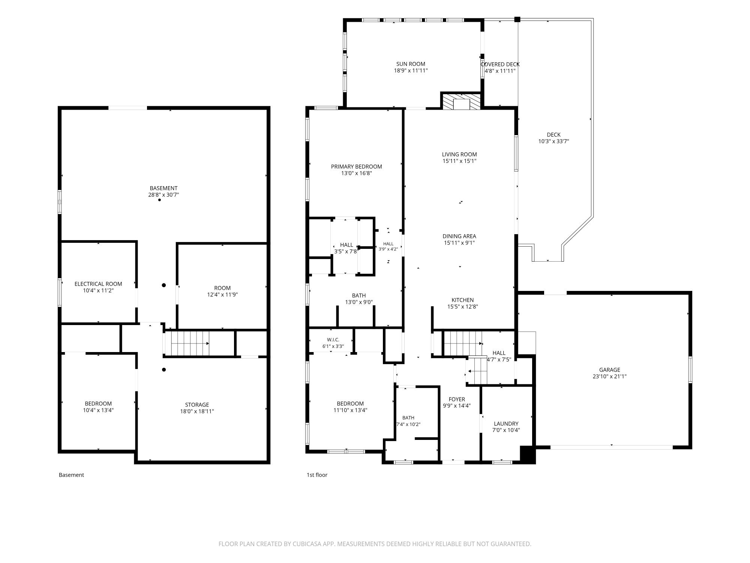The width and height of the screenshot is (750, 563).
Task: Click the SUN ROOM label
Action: point(411,64)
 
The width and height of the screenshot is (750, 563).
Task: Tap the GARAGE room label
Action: point(609,370)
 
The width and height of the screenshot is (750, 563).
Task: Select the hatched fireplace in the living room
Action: point(461,101)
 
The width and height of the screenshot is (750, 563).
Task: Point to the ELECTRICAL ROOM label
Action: point(98,284)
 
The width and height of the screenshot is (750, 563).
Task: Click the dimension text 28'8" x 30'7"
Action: point(163,195)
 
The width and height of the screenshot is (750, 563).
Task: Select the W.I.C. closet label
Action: point(333,340)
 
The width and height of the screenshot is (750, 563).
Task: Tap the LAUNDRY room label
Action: point(506,423)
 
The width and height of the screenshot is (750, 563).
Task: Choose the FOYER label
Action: point(457,399)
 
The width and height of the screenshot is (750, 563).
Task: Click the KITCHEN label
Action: point(462,300)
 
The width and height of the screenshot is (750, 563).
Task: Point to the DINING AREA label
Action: point(459,236)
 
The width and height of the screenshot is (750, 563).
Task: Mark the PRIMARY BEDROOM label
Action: point(356,167)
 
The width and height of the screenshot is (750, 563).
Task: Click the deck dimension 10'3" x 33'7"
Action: point(553,142)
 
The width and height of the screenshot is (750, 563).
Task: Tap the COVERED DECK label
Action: point(500,64)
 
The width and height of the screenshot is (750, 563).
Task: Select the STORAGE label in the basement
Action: point(197,405)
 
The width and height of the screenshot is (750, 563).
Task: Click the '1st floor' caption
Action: point(317,475)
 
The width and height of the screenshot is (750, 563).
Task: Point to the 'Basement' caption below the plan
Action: point(71,475)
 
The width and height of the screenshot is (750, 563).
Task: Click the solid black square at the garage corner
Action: point(528,455)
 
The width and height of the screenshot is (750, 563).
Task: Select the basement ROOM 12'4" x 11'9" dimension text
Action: point(222,295)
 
